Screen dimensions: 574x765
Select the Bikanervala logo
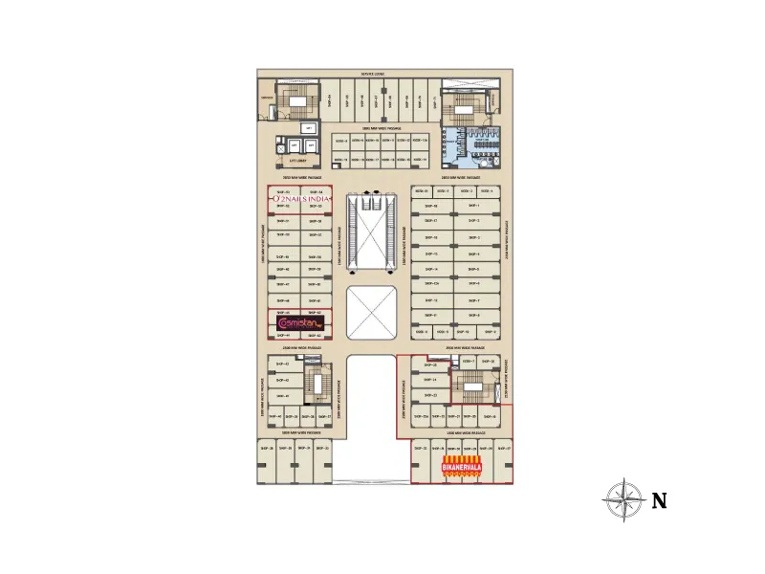(462, 466)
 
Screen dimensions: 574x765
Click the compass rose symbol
(623, 500)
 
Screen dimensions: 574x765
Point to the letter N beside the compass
(659, 501)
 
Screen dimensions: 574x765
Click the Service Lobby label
(373, 74)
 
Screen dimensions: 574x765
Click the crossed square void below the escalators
(372, 312)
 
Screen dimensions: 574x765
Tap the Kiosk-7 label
(469, 360)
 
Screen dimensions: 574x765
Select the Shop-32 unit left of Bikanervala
(421, 448)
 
